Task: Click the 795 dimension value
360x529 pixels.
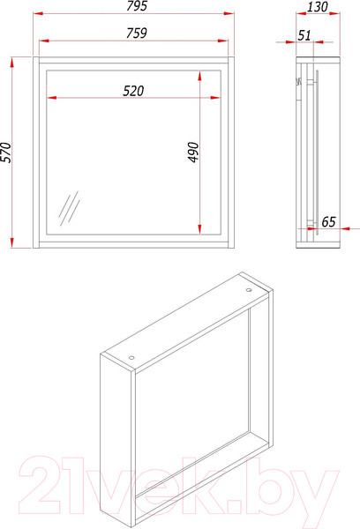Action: [x=137, y=6]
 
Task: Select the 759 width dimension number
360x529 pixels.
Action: [x=137, y=34]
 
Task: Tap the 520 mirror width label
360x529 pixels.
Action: [x=133, y=91]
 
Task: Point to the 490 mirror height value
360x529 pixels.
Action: [x=193, y=153]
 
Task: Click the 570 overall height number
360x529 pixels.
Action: [x=6, y=153]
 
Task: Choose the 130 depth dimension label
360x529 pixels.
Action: [x=317, y=7]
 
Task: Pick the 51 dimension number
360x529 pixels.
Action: [x=304, y=35]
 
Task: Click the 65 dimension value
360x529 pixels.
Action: [x=328, y=221]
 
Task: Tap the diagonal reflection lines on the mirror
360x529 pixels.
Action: [x=69, y=208]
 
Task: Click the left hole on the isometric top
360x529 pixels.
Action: [x=131, y=358]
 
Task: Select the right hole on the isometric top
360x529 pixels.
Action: [x=249, y=290]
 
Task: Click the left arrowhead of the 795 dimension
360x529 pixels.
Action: [x=38, y=13]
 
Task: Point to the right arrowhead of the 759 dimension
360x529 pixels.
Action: [x=223, y=41]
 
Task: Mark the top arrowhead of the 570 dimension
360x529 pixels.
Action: [x=12, y=63]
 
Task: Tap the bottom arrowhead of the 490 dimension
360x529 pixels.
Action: [x=200, y=229]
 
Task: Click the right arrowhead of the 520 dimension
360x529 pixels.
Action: [x=215, y=98]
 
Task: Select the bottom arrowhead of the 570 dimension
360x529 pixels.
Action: [x=12, y=243]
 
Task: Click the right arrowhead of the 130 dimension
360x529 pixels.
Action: [x=335, y=14]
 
